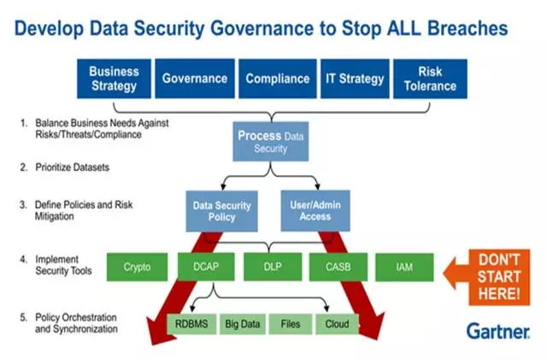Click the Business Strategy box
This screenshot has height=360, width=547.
114,79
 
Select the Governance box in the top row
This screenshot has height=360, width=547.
194,79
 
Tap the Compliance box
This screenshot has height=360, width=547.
276,79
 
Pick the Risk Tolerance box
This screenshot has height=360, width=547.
430,79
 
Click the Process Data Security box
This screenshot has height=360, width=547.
270,142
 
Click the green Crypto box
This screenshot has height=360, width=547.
136,267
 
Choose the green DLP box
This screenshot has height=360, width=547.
272,267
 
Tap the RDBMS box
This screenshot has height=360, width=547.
191,324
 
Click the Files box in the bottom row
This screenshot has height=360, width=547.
289,324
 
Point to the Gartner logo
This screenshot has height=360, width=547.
499,330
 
